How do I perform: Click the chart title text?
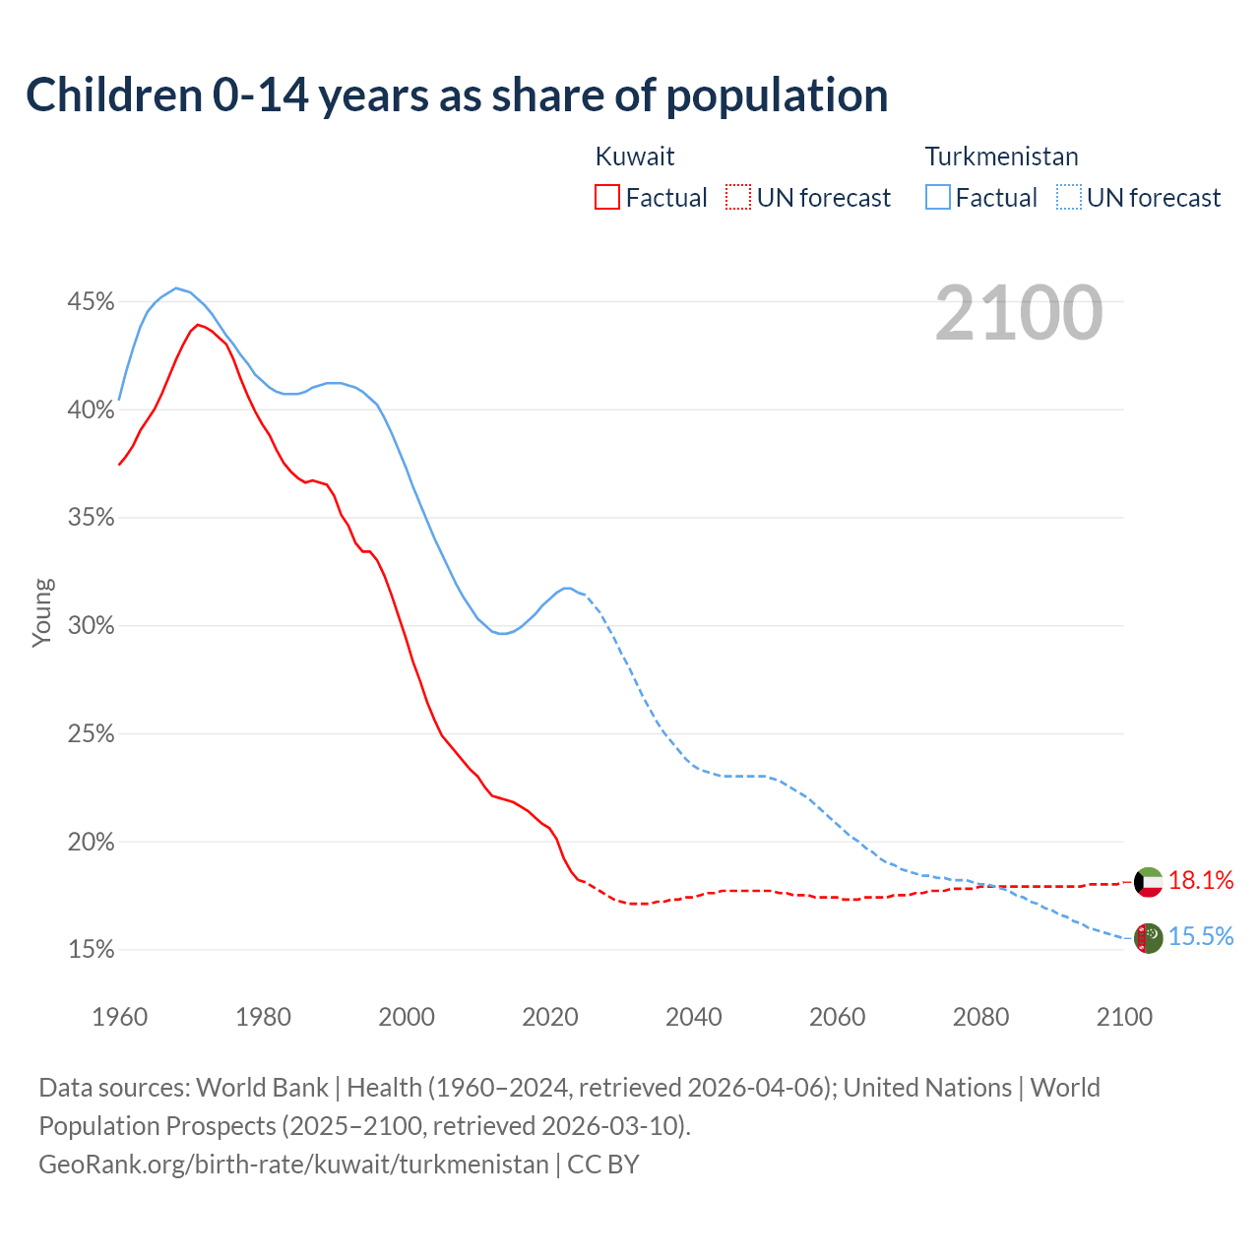[457, 95]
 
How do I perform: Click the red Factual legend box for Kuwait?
[607, 198]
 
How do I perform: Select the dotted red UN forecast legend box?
[738, 198]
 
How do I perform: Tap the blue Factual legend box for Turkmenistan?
[938, 198]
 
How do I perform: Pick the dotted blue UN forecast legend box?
[1069, 198]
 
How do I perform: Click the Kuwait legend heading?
[635, 157]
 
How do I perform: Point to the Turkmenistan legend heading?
[1001, 157]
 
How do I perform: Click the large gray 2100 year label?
[1019, 313]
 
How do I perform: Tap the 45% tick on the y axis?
[91, 301]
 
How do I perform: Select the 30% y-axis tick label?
[91, 626]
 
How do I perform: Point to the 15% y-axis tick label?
[91, 950]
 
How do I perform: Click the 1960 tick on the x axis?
[119, 1017]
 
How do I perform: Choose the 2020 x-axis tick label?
[549, 1017]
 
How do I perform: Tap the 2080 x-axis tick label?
[980, 1017]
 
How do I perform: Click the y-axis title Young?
[42, 612]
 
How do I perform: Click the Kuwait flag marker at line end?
[1148, 882]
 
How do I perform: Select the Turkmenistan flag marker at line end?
[1148, 938]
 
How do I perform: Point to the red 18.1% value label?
[1201, 881]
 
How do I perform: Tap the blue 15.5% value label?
[1201, 937]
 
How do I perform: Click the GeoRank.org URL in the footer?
[293, 1165]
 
